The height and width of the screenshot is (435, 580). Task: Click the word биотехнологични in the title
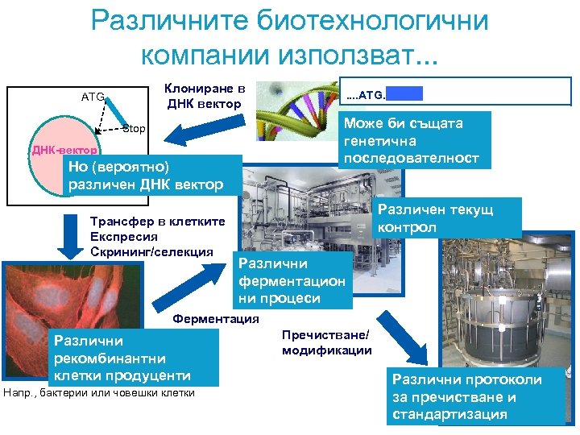pos(380,21)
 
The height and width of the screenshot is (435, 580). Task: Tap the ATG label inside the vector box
pos(93,97)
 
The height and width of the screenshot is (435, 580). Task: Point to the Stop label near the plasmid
pos(134,129)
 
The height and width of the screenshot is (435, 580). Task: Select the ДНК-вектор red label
pos(64,151)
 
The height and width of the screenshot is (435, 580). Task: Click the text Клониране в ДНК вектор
pos(204,96)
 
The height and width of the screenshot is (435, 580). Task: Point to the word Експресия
pos(124,237)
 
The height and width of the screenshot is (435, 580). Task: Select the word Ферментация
pos(216,318)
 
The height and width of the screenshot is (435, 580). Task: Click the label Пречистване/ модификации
pos(326,342)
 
